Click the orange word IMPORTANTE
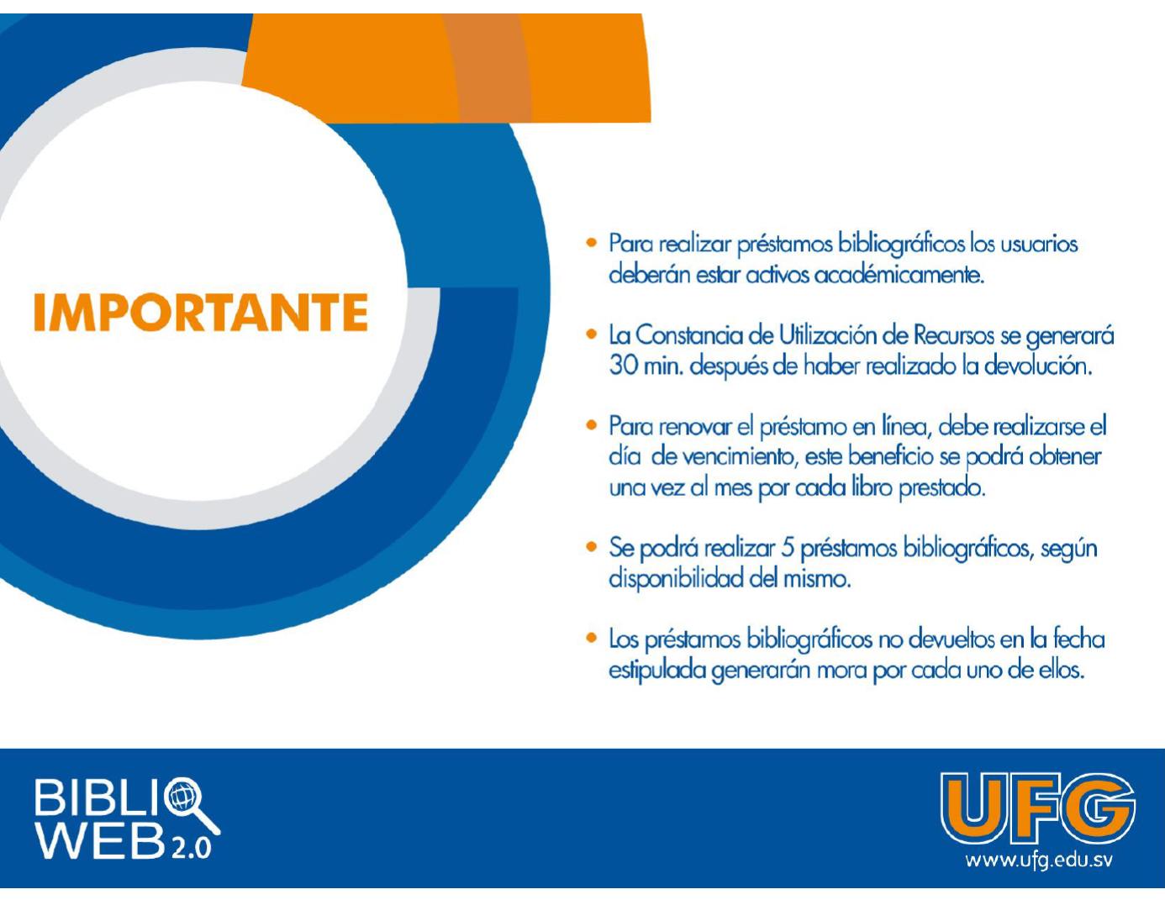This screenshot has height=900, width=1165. pos(201,313)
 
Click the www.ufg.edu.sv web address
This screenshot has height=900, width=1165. pos(1039,861)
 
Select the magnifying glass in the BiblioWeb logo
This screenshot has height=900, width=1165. pos(191,804)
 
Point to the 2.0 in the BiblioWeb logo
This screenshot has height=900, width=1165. pos(191,849)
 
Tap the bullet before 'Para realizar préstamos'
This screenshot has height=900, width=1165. pos(592,243)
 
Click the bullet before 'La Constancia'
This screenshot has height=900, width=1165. pos(592,334)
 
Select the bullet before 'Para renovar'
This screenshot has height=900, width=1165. pos(592,425)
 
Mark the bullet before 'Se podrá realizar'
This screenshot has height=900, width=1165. pos(592,547)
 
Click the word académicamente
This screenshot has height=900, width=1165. pos(899,275)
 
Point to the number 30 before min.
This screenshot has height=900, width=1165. pos(623,366)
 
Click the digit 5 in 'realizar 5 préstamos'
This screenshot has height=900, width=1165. pos(788,549)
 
